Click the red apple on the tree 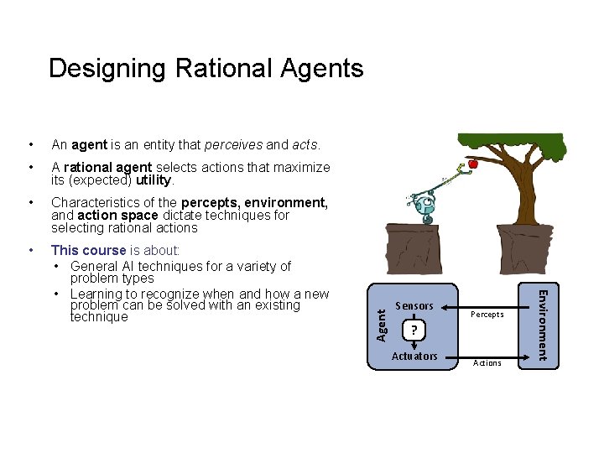(x=473, y=164)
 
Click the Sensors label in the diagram (x=414, y=306)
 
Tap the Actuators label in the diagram (x=414, y=357)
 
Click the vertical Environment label (x=542, y=325)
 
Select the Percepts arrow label (x=487, y=315)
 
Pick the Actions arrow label (x=487, y=363)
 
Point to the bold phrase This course (x=89, y=250)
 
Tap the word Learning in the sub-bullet (x=98, y=294)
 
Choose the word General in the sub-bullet (x=96, y=267)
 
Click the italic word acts (x=305, y=145)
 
